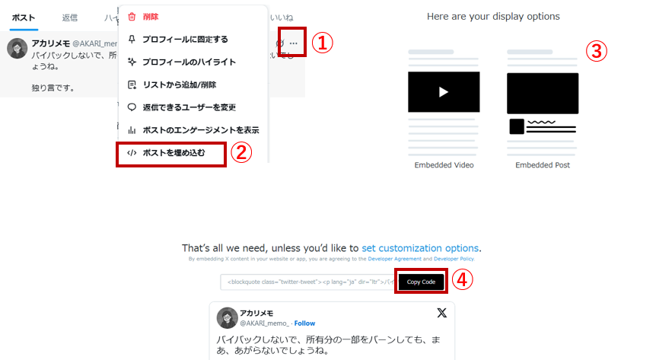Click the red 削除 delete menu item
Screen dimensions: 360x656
(150, 16)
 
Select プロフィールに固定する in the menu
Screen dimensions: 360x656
(184, 39)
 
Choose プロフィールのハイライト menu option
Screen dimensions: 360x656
(189, 62)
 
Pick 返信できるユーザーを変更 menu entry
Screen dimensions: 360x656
(188, 107)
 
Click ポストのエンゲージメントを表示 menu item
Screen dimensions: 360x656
(200, 130)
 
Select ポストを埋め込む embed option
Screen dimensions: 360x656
(174, 153)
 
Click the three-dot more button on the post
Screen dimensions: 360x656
(294, 43)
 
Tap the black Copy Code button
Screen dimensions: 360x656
(421, 282)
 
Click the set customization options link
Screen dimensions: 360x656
(420, 248)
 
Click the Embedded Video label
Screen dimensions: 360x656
(444, 164)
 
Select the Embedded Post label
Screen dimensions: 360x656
(543, 164)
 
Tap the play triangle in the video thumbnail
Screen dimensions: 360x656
(444, 92)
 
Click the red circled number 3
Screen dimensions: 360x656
(597, 51)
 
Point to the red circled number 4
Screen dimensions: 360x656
(463, 280)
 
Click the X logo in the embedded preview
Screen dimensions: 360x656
(441, 313)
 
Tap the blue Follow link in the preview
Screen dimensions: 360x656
(304, 323)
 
